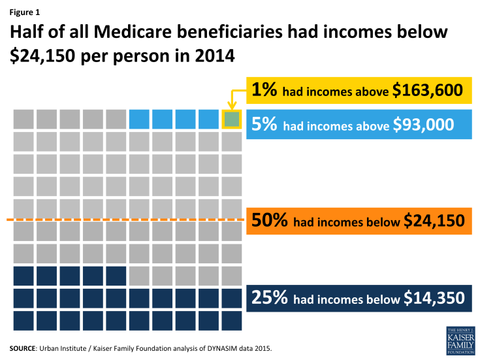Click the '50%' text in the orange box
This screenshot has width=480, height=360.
pos(270,221)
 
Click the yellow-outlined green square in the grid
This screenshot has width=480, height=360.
pos(232,119)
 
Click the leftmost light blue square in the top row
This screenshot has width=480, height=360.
pos(139,119)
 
